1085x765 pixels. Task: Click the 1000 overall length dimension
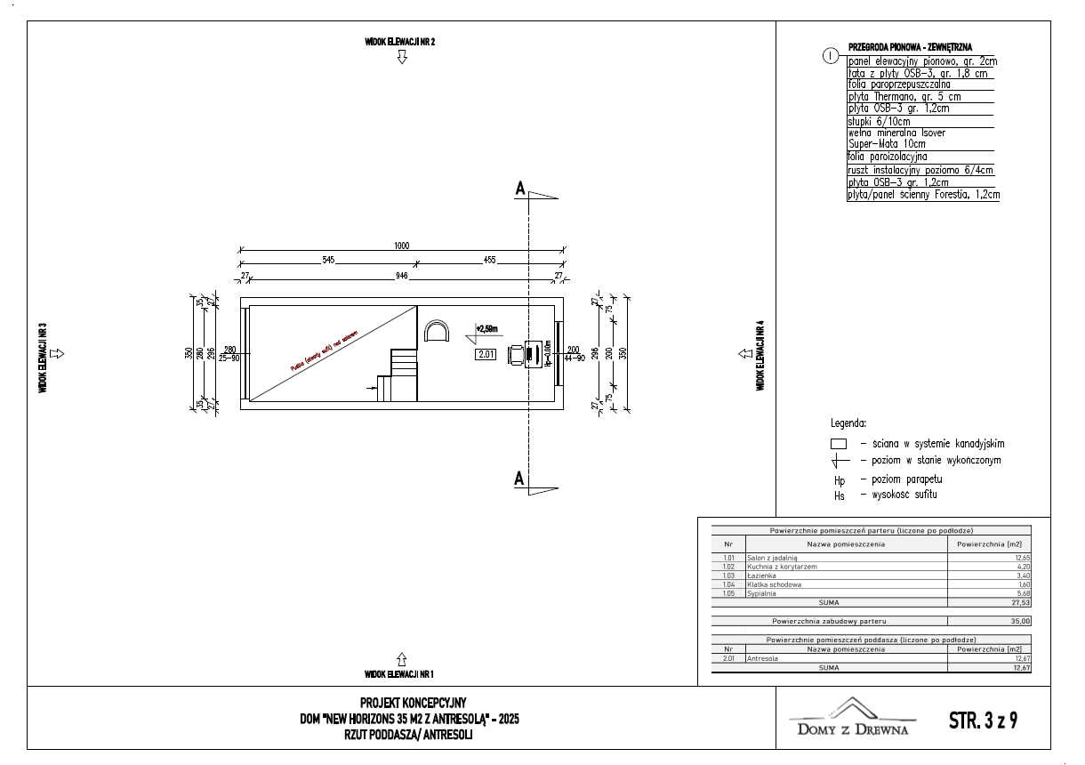pyautogui.click(x=402, y=246)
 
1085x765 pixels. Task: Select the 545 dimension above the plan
pyautogui.click(x=328, y=260)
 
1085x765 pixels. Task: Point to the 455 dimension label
pyautogui.click(x=489, y=260)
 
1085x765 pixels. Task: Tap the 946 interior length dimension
pyautogui.click(x=401, y=276)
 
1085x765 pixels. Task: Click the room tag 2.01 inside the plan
pyautogui.click(x=486, y=354)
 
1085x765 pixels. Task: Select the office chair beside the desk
pyautogui.click(x=516, y=353)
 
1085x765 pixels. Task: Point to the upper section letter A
pyautogui.click(x=518, y=189)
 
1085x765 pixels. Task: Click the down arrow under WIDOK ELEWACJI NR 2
pyautogui.click(x=402, y=58)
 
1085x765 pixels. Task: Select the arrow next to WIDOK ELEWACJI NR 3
pyautogui.click(x=58, y=353)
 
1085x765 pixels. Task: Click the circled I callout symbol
pyautogui.click(x=831, y=56)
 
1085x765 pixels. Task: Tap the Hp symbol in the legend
pyautogui.click(x=840, y=480)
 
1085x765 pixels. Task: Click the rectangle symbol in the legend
pyautogui.click(x=838, y=443)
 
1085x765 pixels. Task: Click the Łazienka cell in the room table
pyautogui.click(x=760, y=576)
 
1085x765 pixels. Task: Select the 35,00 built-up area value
pyautogui.click(x=1019, y=621)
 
